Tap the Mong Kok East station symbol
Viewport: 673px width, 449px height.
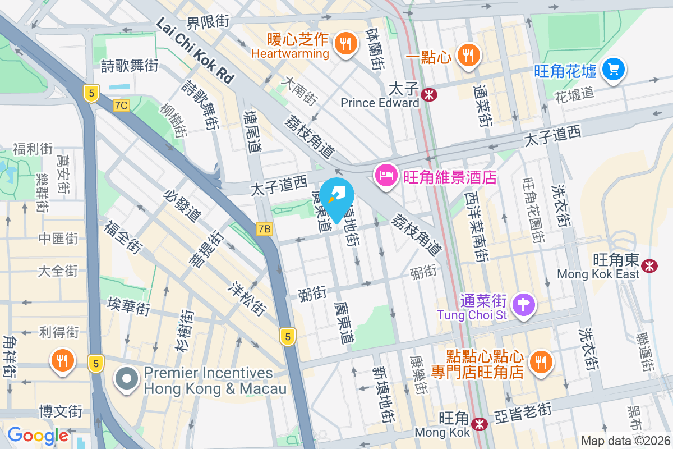650,265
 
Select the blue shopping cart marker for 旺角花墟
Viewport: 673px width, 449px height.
614,70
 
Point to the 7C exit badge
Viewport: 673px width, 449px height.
121,105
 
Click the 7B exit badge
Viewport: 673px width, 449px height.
265,228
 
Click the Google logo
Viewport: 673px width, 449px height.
38,436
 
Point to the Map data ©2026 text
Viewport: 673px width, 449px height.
625,441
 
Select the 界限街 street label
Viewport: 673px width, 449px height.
208,22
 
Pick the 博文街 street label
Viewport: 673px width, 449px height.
61,411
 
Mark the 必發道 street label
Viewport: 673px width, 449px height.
182,205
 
